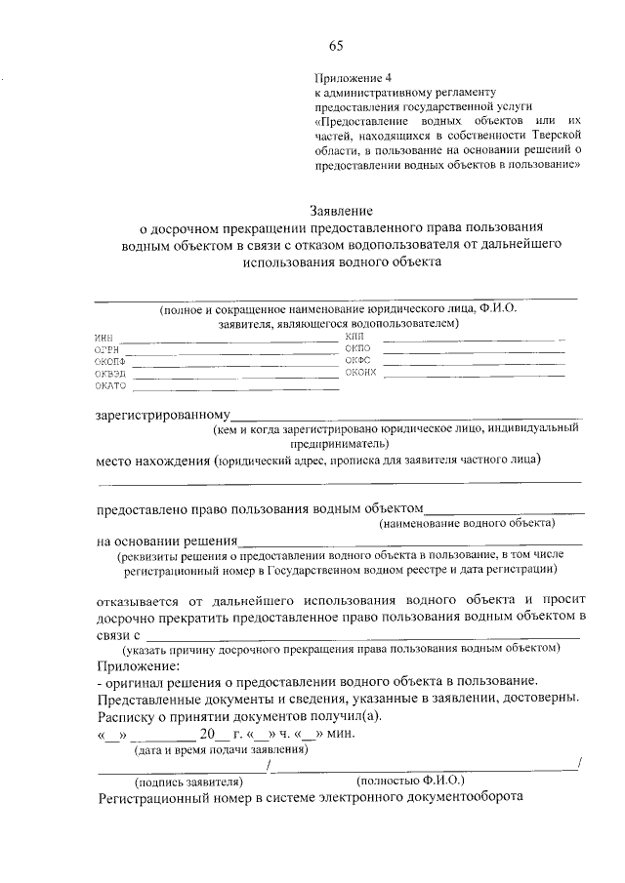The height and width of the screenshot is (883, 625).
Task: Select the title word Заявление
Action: (341, 210)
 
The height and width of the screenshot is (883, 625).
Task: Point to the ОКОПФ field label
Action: (110, 362)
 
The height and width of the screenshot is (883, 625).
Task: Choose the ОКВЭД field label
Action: (110, 374)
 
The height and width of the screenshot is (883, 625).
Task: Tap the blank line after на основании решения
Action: (410, 542)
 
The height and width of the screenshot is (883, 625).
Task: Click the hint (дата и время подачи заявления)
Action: (221, 749)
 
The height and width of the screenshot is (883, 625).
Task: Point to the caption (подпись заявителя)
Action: (187, 782)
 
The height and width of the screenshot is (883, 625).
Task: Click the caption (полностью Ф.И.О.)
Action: (411, 781)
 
